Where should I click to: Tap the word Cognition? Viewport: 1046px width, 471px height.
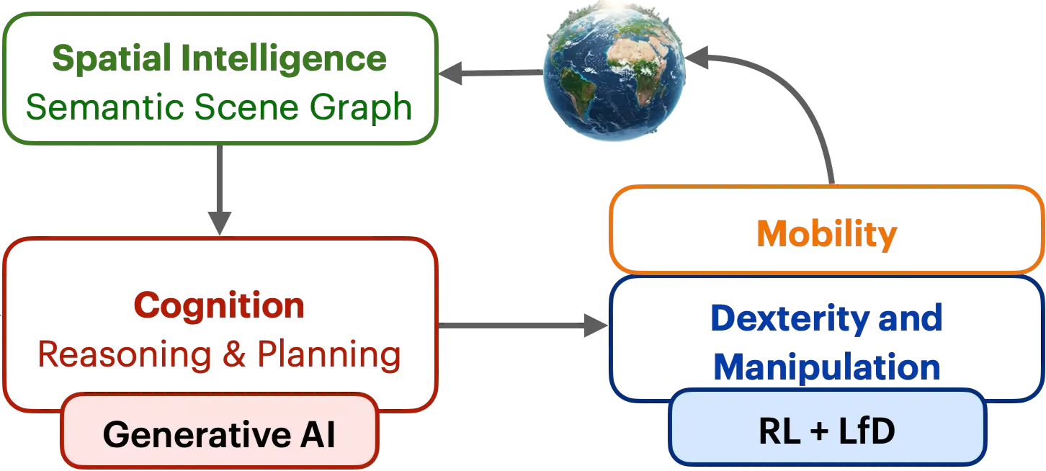pyautogui.click(x=218, y=306)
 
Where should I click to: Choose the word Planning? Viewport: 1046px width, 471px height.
pyautogui.click(x=328, y=354)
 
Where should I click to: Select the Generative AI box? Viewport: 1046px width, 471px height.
pyautogui.click(x=219, y=434)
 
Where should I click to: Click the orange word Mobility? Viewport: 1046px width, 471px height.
pyautogui.click(x=826, y=233)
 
